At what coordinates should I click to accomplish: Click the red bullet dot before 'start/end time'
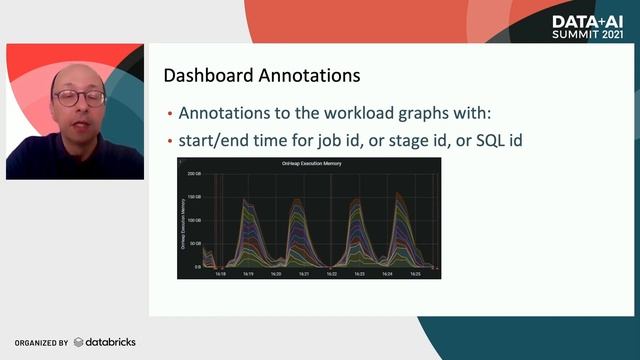point(170,140)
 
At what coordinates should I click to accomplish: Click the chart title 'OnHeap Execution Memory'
point(308,163)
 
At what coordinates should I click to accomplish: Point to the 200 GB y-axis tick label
point(194,173)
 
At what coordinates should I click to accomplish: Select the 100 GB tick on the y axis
point(194,220)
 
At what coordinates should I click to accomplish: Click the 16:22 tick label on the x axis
point(332,273)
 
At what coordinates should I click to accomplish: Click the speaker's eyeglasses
point(79,98)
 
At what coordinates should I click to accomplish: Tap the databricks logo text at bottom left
point(108,342)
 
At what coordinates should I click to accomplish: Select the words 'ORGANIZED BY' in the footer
point(41,343)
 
